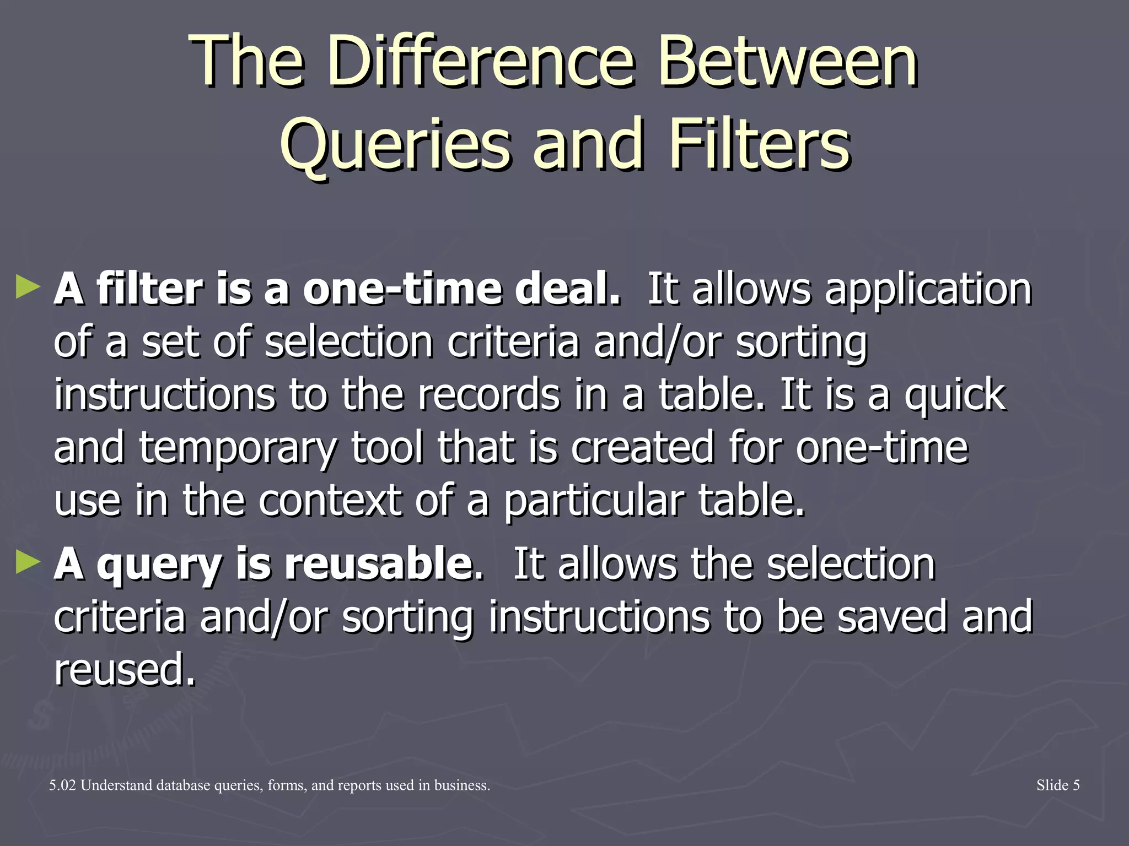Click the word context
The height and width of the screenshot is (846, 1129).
click(x=330, y=500)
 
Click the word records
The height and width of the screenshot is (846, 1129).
click(x=488, y=394)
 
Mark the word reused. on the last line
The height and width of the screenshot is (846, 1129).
click(x=125, y=669)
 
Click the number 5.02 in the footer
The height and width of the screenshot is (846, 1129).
click(x=62, y=785)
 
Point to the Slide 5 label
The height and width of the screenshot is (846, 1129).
click(x=1057, y=785)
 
